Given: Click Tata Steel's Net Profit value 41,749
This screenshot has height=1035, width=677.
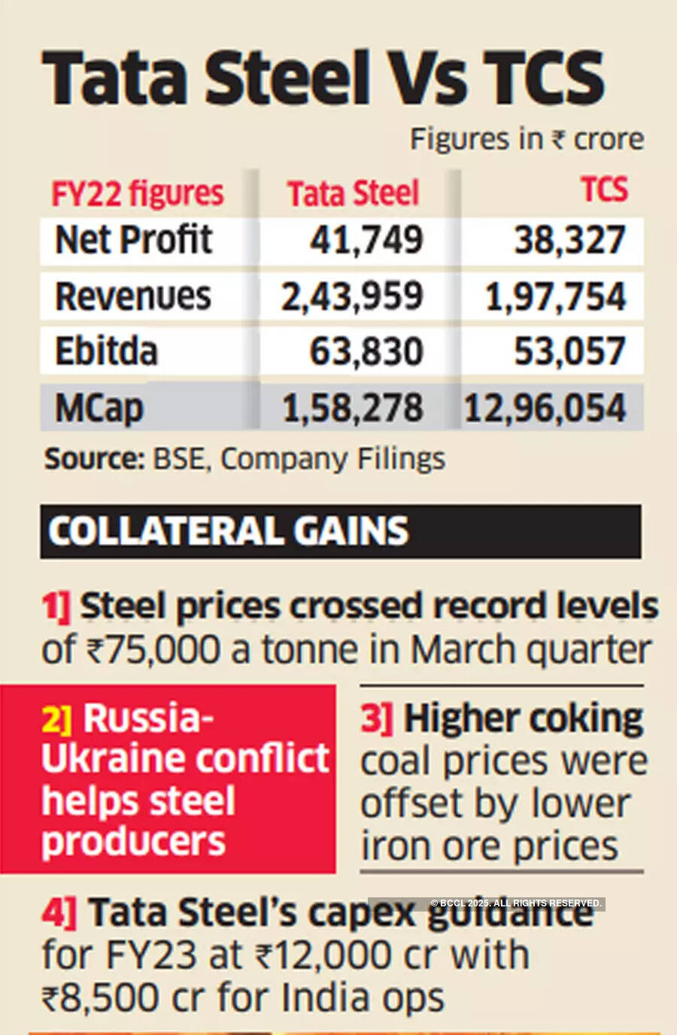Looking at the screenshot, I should point(366,240).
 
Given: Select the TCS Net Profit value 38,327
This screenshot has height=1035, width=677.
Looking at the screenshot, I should point(569,240).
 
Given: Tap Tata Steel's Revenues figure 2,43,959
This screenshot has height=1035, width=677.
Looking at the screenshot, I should point(352,296).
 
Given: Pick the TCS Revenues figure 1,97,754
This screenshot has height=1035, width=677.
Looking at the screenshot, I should point(555,296).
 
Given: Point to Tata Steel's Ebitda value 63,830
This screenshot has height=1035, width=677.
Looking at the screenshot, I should point(366,351).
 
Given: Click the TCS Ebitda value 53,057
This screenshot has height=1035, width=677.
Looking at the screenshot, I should point(569,351).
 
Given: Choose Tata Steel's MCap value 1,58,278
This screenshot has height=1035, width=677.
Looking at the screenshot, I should point(352,408).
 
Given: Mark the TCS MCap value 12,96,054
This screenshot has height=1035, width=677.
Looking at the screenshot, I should point(545,408).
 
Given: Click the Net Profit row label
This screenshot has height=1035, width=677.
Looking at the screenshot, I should point(134,240).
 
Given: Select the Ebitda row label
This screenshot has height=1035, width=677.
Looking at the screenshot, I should point(106,351).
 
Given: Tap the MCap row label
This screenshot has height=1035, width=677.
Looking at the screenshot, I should point(99,408).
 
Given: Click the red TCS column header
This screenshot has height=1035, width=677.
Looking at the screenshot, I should point(603,190).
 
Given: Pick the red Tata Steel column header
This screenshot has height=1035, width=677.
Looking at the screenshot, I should point(353,193).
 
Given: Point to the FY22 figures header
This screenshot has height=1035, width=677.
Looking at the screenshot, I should point(138,193).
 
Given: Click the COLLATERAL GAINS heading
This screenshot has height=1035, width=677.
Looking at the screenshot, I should point(228,531).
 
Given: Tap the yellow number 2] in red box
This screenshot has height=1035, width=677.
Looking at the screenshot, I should point(57,719).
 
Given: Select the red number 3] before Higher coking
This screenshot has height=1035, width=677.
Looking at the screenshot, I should point(376,719).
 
